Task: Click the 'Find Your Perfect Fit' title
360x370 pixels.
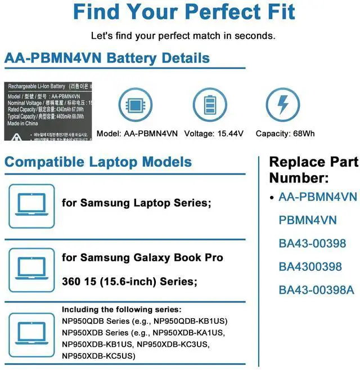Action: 183,12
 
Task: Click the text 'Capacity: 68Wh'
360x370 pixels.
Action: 285,133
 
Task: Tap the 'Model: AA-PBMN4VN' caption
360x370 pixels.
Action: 137,133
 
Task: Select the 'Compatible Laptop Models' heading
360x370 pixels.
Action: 98,162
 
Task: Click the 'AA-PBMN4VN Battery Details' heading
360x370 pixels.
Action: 107,58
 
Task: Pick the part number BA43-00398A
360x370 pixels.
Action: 317,290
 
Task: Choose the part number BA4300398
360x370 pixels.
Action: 310,266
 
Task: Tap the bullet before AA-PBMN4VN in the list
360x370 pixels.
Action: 272,198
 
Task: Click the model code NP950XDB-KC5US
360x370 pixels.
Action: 98,356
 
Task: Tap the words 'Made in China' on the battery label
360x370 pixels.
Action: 23,123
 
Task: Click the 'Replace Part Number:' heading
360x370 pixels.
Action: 313,170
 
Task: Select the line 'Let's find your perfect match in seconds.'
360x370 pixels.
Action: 183,35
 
